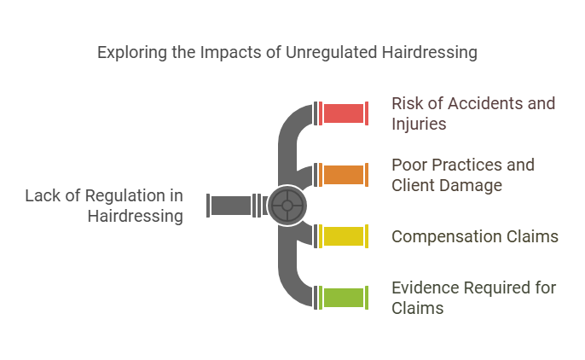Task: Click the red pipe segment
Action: click(x=344, y=113)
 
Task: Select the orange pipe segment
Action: click(x=344, y=175)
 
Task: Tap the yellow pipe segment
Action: click(x=344, y=236)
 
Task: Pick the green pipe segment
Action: click(x=344, y=298)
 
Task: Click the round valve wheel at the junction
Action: click(x=287, y=206)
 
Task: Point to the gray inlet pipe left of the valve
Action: click(x=231, y=206)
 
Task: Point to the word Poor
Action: click(x=408, y=165)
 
